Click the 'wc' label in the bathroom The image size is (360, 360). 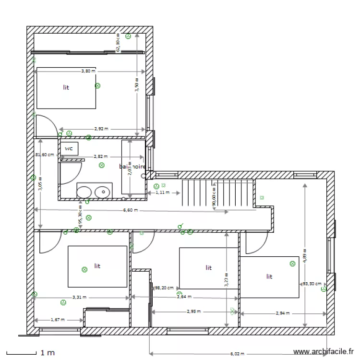69,149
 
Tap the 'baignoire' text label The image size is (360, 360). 132,166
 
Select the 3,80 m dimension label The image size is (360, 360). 88,71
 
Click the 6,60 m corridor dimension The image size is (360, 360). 130,210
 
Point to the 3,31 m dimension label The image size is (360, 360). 80,297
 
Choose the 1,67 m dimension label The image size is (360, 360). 58,319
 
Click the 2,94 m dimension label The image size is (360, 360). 283,313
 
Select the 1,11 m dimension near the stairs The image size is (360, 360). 163,192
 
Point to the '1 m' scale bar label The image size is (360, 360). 48,353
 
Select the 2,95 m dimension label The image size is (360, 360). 194,311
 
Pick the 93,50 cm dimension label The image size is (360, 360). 312,284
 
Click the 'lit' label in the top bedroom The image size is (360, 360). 66,88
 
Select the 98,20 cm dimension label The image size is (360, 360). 164,288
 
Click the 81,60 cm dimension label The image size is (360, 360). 44,155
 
